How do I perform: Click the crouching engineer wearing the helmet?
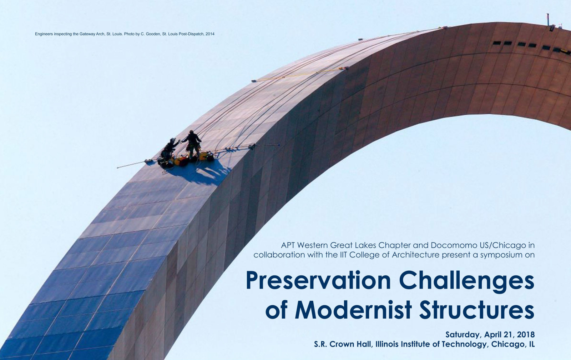170,149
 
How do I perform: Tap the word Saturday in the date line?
463,335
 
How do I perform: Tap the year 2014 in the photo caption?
210,34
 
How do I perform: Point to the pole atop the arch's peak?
547,19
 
